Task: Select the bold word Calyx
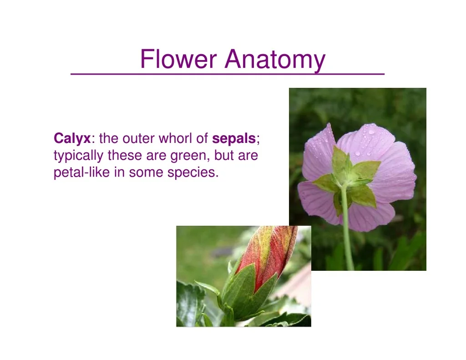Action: tap(72, 139)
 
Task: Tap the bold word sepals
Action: tap(234, 138)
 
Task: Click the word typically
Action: tap(78, 156)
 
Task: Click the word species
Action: tap(193, 173)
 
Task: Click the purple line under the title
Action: tap(228, 74)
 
